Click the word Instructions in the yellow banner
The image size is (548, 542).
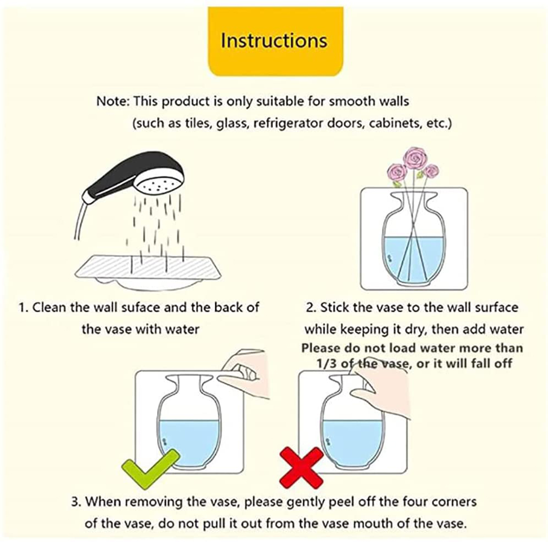click(274, 40)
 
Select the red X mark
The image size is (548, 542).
click(301, 468)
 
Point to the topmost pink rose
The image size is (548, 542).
click(415, 158)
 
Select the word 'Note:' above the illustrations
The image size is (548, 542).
click(113, 101)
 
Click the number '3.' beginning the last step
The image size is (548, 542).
click(76, 502)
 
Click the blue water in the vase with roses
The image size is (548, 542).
click(414, 259)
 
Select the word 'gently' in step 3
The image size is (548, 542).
click(303, 503)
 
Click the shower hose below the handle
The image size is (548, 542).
click(79, 221)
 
